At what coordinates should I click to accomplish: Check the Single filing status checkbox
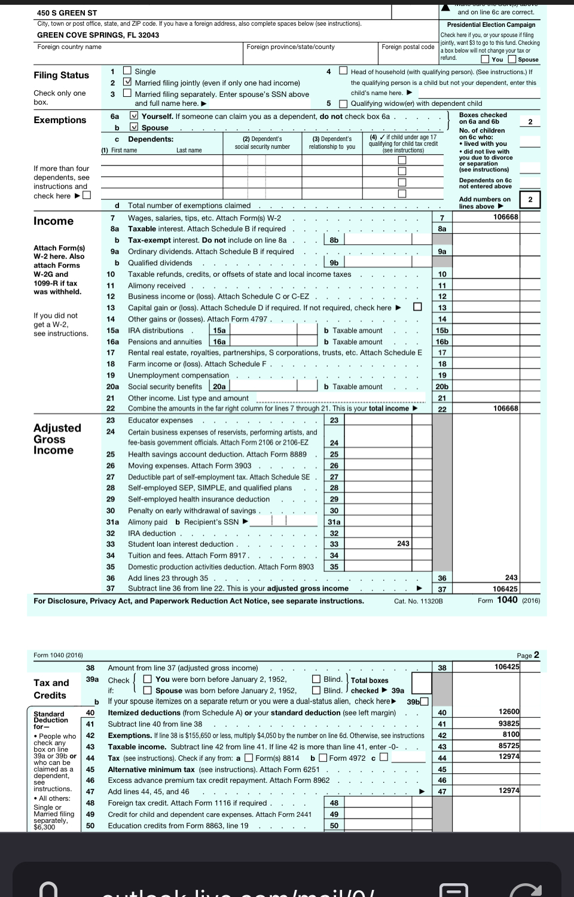127,71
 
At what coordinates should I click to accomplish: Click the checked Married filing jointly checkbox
127,82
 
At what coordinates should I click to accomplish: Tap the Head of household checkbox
343,71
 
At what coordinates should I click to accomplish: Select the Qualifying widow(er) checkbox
343,103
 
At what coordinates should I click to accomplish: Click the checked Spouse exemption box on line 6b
135,127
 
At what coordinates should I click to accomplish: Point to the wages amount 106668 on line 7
505,217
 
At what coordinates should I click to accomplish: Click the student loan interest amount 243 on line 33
403,544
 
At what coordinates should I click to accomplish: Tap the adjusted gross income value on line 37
505,589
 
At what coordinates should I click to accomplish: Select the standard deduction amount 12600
509,712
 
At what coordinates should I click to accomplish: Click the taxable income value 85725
509,746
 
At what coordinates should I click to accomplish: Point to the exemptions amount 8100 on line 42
511,734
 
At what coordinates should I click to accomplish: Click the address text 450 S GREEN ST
67,13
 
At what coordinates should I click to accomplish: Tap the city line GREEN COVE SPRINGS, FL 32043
98,35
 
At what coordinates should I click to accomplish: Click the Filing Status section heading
61,75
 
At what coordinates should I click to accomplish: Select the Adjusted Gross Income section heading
57,439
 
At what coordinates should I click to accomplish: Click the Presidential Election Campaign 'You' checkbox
486,59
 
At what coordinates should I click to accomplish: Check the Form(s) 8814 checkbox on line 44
248,758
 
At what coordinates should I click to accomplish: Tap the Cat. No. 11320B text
419,601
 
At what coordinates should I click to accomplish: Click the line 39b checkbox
424,702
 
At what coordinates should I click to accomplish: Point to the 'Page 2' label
528,655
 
